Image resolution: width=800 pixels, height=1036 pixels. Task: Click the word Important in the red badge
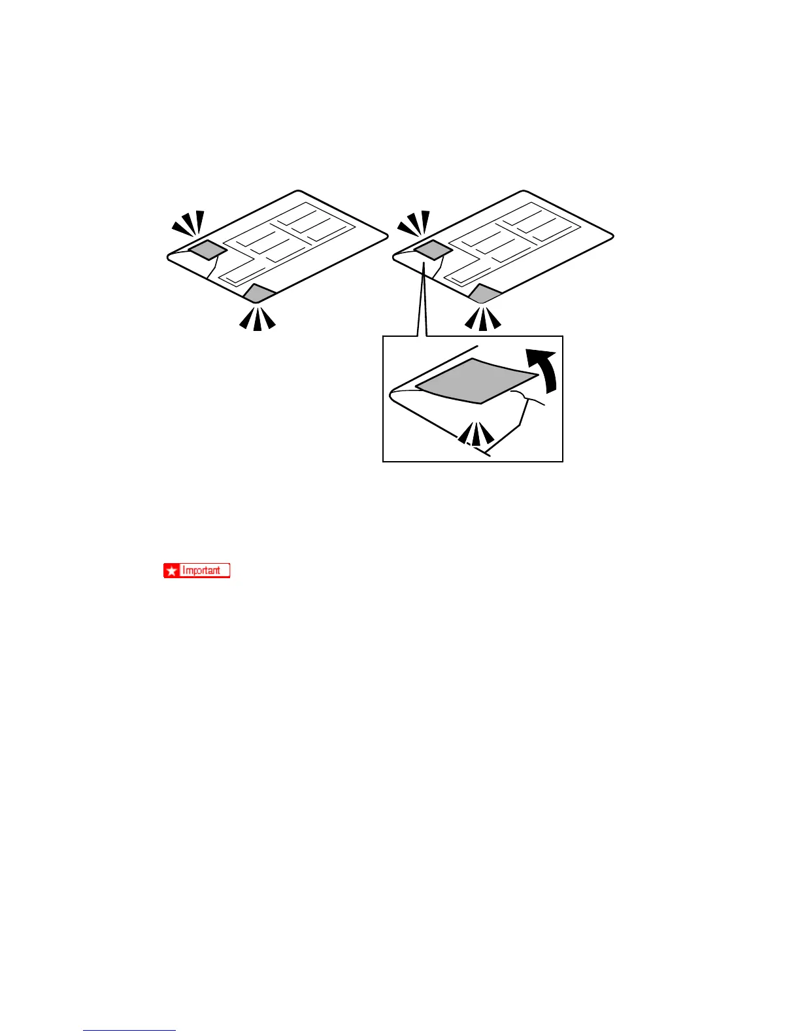[x=201, y=570]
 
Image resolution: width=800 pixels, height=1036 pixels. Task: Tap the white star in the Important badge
[x=172, y=571]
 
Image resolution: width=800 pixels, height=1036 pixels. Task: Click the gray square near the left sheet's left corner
[x=207, y=249]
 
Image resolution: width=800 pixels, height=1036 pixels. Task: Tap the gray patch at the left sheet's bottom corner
[x=258, y=294]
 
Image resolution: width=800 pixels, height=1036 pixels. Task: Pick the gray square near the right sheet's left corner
[x=433, y=250]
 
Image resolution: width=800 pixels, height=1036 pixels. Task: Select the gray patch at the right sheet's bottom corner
[x=484, y=294]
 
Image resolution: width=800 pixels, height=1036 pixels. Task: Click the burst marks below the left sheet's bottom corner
[x=257, y=319]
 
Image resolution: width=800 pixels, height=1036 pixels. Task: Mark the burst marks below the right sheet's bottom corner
[x=482, y=319]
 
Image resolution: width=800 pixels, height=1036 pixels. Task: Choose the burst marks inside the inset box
[x=475, y=434]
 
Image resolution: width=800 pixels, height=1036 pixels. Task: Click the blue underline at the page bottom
[x=129, y=1030]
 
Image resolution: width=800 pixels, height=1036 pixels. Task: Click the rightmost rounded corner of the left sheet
[x=386, y=233]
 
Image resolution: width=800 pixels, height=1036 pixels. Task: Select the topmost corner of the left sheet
[x=299, y=192]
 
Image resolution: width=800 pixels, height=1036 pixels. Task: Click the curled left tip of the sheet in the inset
[x=392, y=394]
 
